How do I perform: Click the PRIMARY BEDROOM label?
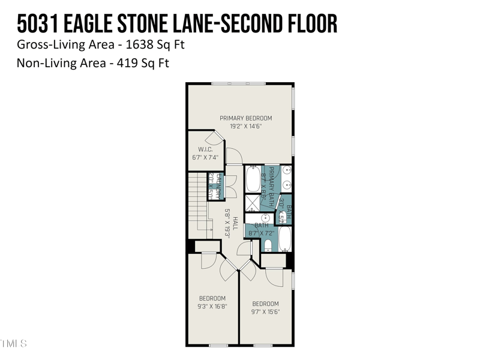click(245, 118)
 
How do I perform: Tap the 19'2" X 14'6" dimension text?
click(245, 127)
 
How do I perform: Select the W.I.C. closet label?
click(205, 149)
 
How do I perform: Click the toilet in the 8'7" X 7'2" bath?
click(268, 245)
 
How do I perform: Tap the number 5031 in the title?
click(34, 24)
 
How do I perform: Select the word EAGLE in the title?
click(88, 24)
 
